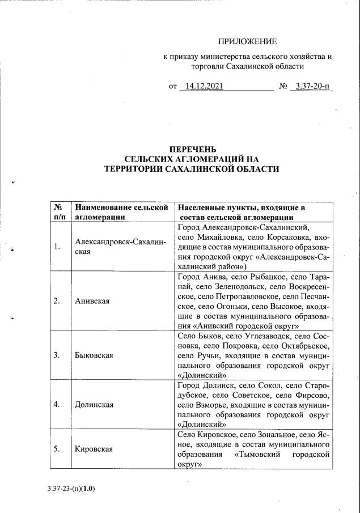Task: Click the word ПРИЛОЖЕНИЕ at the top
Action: (x=248, y=41)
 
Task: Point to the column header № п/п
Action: (x=58, y=212)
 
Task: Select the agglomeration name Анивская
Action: (x=92, y=300)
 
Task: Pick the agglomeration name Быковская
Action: (x=94, y=355)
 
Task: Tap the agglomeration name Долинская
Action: (x=94, y=405)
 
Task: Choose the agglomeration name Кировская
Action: (x=94, y=450)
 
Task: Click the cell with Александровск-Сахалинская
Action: (x=120, y=247)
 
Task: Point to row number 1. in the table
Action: (x=57, y=247)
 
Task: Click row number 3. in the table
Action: (x=57, y=355)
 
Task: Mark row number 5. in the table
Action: (x=57, y=450)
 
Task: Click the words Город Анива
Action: (x=198, y=277)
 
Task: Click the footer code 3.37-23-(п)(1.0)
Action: (x=71, y=488)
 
